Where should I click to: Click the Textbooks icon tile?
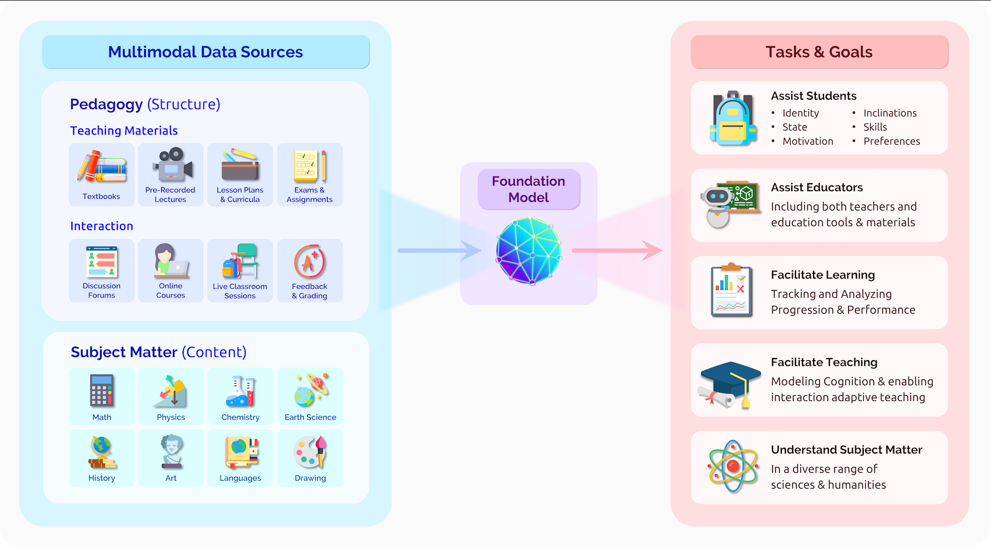click(x=102, y=174)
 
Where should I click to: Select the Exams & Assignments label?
click(x=309, y=195)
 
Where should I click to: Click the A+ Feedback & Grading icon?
click(x=310, y=262)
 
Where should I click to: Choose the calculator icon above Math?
click(x=102, y=390)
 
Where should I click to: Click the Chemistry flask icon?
click(x=240, y=391)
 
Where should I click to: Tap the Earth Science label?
click(x=310, y=417)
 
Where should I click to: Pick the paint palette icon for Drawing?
click(x=310, y=452)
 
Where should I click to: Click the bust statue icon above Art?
click(x=171, y=451)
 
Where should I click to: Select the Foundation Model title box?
click(x=529, y=189)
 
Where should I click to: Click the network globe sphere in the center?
click(x=529, y=251)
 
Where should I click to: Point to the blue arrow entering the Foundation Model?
click(x=438, y=251)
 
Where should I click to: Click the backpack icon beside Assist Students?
click(x=733, y=118)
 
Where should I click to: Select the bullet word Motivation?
click(x=807, y=141)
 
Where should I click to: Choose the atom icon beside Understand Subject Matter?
click(x=733, y=466)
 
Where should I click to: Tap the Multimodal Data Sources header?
click(x=206, y=52)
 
